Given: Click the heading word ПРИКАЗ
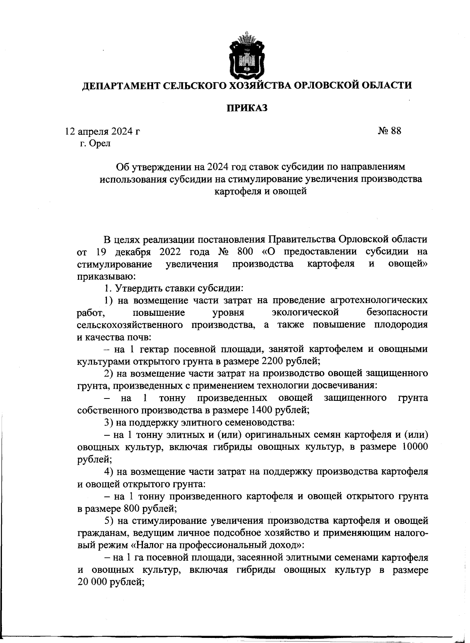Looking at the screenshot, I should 246,108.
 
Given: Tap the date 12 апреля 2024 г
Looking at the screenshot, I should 102,131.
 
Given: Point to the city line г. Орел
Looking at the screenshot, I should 95,143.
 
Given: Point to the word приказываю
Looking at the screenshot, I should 106,276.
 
